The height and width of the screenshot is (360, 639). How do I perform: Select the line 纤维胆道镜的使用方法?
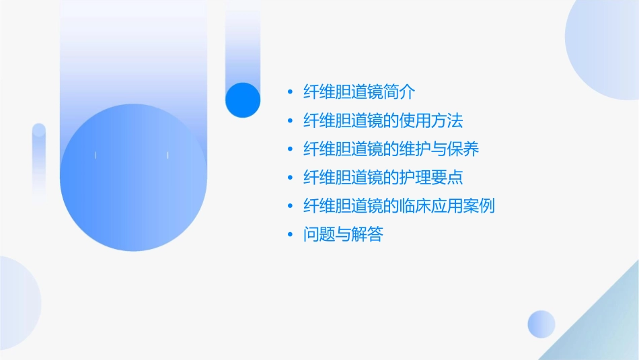click(x=383, y=121)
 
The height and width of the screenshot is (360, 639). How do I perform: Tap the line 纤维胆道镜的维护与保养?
click(x=391, y=149)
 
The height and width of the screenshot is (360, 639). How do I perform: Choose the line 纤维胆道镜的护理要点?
click(x=383, y=178)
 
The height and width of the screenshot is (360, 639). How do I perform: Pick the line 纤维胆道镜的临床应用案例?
click(x=400, y=206)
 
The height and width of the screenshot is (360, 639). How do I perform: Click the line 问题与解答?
click(x=343, y=235)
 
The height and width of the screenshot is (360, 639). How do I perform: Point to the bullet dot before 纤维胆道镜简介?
click(x=290, y=93)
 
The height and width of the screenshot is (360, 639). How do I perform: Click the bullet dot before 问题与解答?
click(x=290, y=235)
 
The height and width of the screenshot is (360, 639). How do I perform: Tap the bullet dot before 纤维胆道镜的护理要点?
click(x=290, y=178)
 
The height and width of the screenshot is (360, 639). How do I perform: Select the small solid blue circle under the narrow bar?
click(x=243, y=100)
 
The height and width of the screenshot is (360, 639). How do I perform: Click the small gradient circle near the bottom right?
click(x=541, y=324)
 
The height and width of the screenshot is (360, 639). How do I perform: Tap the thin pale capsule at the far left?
click(x=39, y=161)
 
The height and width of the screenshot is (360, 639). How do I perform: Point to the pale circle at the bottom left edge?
click(x=17, y=303)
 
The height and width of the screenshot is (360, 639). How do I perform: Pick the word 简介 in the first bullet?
click(x=407, y=93)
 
